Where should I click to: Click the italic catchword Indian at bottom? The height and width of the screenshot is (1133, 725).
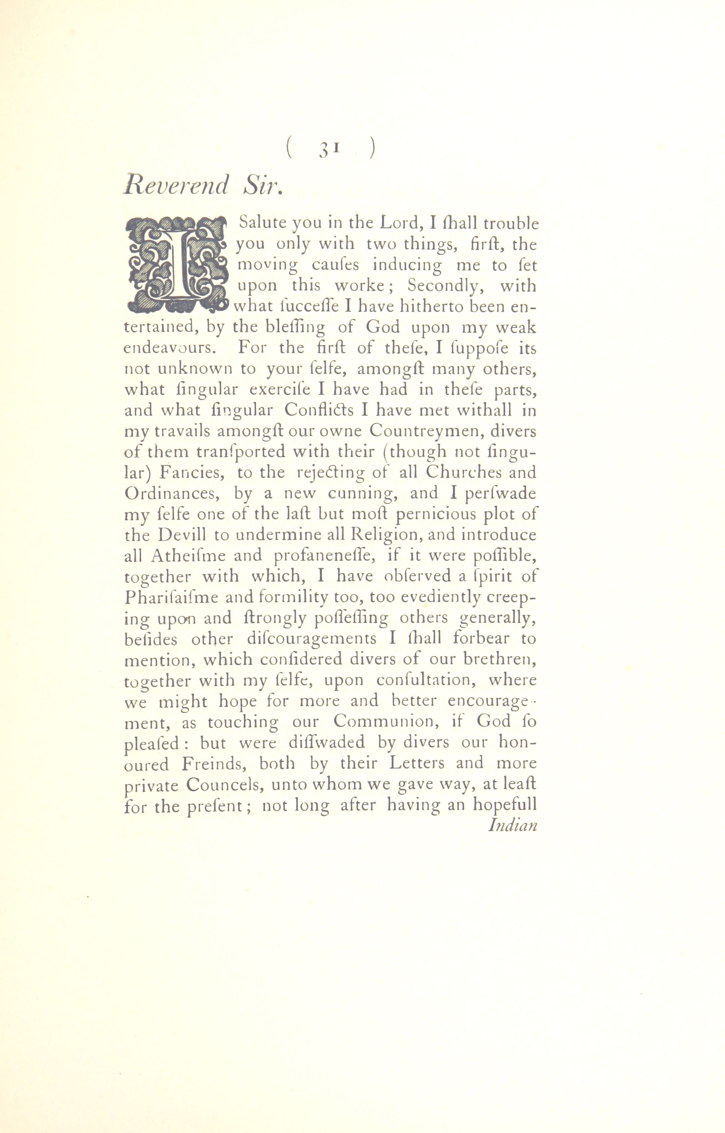click(513, 826)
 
